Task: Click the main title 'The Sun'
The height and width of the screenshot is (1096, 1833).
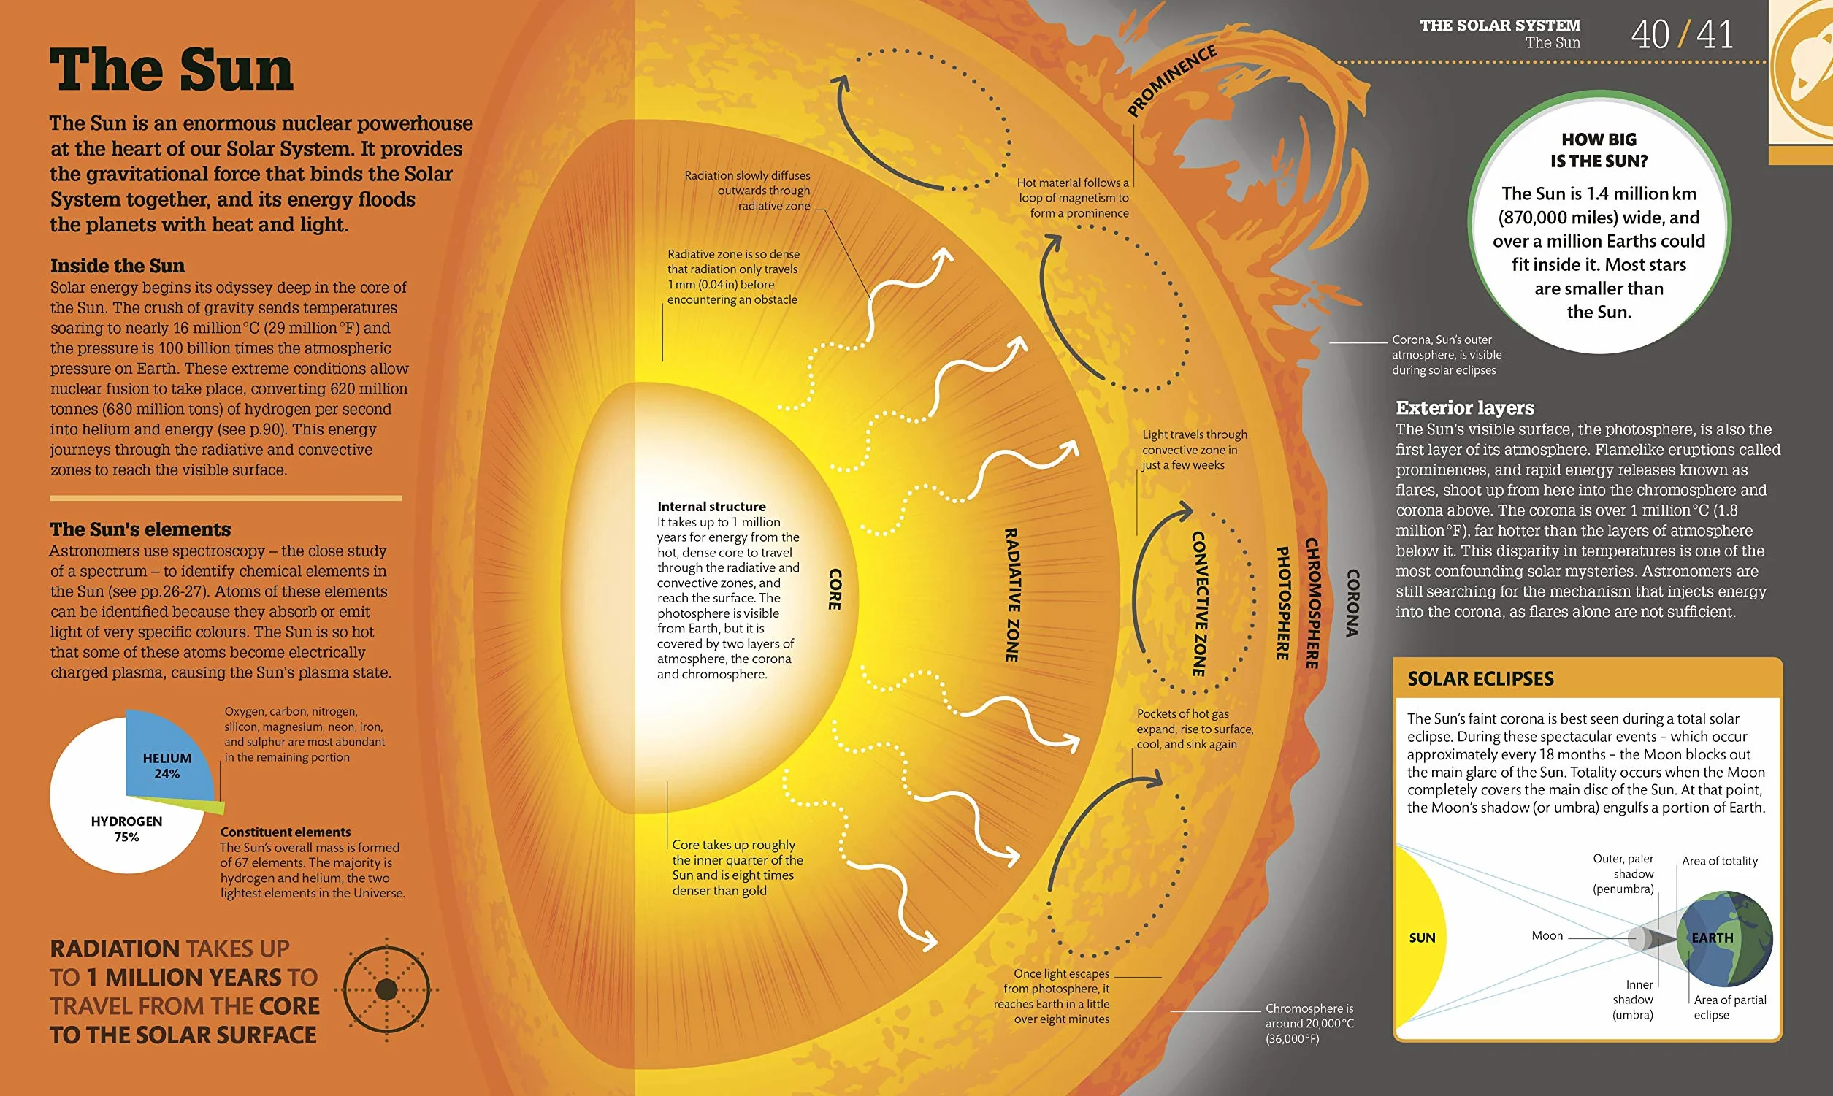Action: (172, 69)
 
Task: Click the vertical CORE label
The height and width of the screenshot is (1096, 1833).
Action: (835, 589)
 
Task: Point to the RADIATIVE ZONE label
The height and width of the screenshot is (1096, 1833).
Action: (1011, 595)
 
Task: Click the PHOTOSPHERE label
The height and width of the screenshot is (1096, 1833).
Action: (1283, 603)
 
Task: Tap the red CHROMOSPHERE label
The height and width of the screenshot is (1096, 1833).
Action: (1312, 603)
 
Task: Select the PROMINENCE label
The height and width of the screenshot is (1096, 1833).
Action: (1172, 80)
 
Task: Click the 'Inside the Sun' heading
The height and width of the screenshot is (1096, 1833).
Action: (118, 266)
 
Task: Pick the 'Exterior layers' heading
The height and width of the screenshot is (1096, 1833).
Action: (1464, 407)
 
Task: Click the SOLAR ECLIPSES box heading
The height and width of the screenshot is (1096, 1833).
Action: (1481, 679)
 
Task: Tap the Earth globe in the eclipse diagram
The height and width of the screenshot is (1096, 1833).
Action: (1724, 939)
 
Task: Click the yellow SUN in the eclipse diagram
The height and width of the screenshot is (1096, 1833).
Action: (1422, 938)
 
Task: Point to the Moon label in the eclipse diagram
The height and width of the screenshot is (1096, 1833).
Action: (1547, 936)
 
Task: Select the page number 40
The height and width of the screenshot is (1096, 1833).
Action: (1650, 35)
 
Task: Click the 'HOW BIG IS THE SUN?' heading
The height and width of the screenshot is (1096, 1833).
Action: (1599, 150)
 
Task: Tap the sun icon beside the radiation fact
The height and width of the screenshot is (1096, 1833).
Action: (386, 989)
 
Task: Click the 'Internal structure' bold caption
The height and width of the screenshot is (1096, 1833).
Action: (711, 507)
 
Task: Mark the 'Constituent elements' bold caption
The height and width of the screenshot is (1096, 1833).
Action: (285, 832)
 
